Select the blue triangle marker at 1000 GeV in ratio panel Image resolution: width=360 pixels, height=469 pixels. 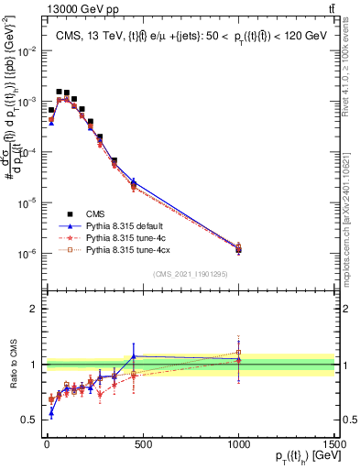[x=238, y=360]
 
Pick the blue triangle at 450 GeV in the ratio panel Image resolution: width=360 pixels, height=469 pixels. [x=134, y=356]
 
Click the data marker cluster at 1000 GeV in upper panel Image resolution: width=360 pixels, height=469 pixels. [x=238, y=247]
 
